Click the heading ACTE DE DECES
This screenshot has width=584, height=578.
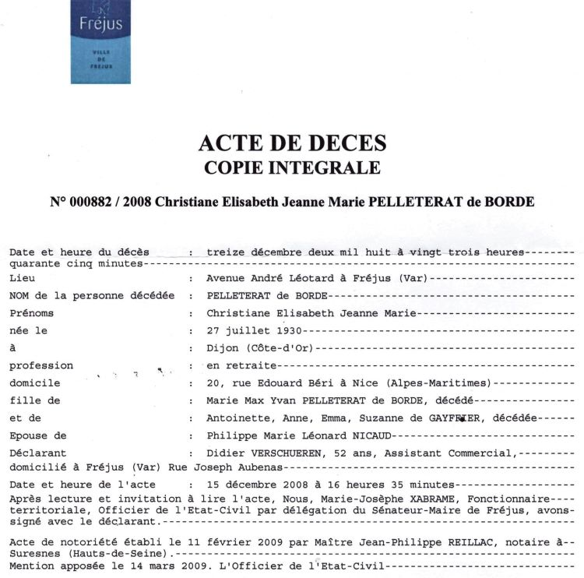click(x=292, y=143)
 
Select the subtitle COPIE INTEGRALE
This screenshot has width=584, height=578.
click(x=292, y=167)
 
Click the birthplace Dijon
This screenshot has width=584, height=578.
click(x=223, y=347)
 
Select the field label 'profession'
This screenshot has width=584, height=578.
click(x=41, y=365)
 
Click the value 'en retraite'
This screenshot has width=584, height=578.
click(x=241, y=365)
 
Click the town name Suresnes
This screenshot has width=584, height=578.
click(x=35, y=549)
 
